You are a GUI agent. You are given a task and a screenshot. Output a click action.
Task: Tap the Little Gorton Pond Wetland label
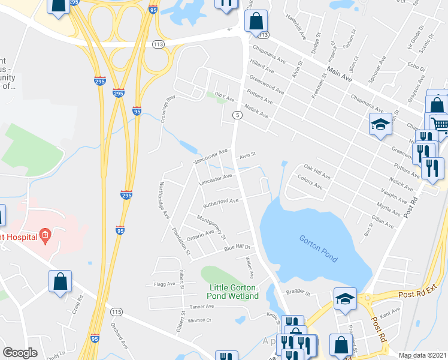click(233, 292)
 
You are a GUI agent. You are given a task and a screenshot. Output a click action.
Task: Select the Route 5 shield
click(238, 115)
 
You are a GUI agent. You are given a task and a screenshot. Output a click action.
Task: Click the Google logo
click(20, 353)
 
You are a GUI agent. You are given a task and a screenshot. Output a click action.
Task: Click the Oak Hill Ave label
click(317, 172)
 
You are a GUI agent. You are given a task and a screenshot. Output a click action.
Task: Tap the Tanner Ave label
click(201, 307)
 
